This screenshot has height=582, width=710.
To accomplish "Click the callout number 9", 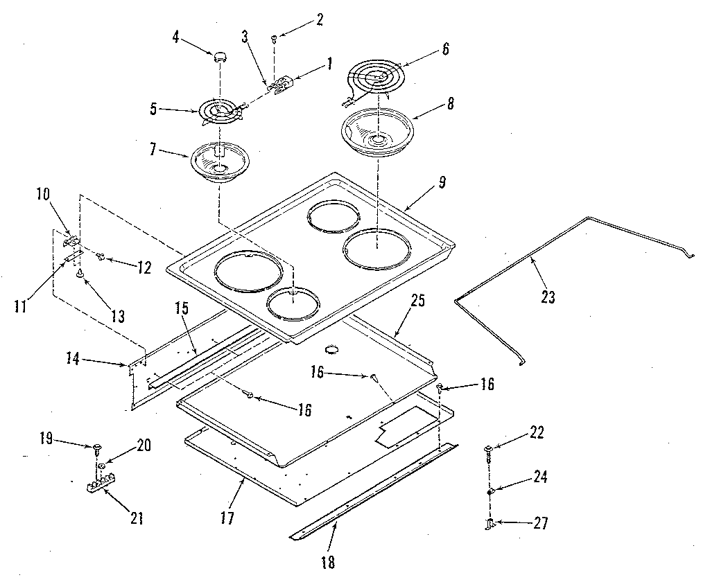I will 441,184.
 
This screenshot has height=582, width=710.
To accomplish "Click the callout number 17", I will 227,518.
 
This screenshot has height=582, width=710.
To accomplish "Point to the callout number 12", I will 143,267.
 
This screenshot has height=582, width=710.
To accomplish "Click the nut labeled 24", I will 490,491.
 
